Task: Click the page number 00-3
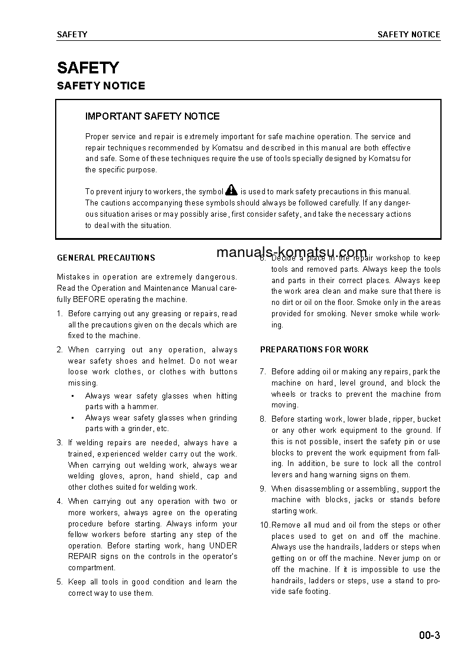tap(429, 637)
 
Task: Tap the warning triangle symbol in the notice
tap(231, 190)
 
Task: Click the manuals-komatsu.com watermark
tap(292, 253)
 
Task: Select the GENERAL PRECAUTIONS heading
tap(106, 258)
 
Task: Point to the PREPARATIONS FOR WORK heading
tap(314, 349)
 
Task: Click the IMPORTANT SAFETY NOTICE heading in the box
tap(152, 116)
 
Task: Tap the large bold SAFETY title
tap(88, 68)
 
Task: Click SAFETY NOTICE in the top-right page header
tap(409, 34)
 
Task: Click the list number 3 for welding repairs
tap(59, 442)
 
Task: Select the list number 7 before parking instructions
tap(263, 371)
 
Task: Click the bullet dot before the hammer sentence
tap(72, 396)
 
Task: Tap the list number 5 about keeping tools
tap(59, 582)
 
